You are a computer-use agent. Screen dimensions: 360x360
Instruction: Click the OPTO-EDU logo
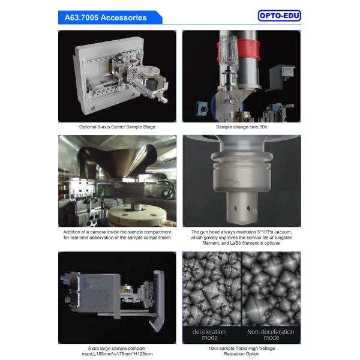pos(278,16)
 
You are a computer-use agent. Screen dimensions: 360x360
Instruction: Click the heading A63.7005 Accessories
pos(106,17)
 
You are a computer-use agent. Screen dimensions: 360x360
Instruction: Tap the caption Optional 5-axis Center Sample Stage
pos(117,127)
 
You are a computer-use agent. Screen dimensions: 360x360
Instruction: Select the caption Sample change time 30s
pos(241,127)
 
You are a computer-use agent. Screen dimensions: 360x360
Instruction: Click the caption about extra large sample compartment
pos(117,351)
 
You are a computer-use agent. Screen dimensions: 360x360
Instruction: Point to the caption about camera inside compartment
pos(117,235)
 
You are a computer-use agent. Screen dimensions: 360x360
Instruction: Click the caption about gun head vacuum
pos(241,238)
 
